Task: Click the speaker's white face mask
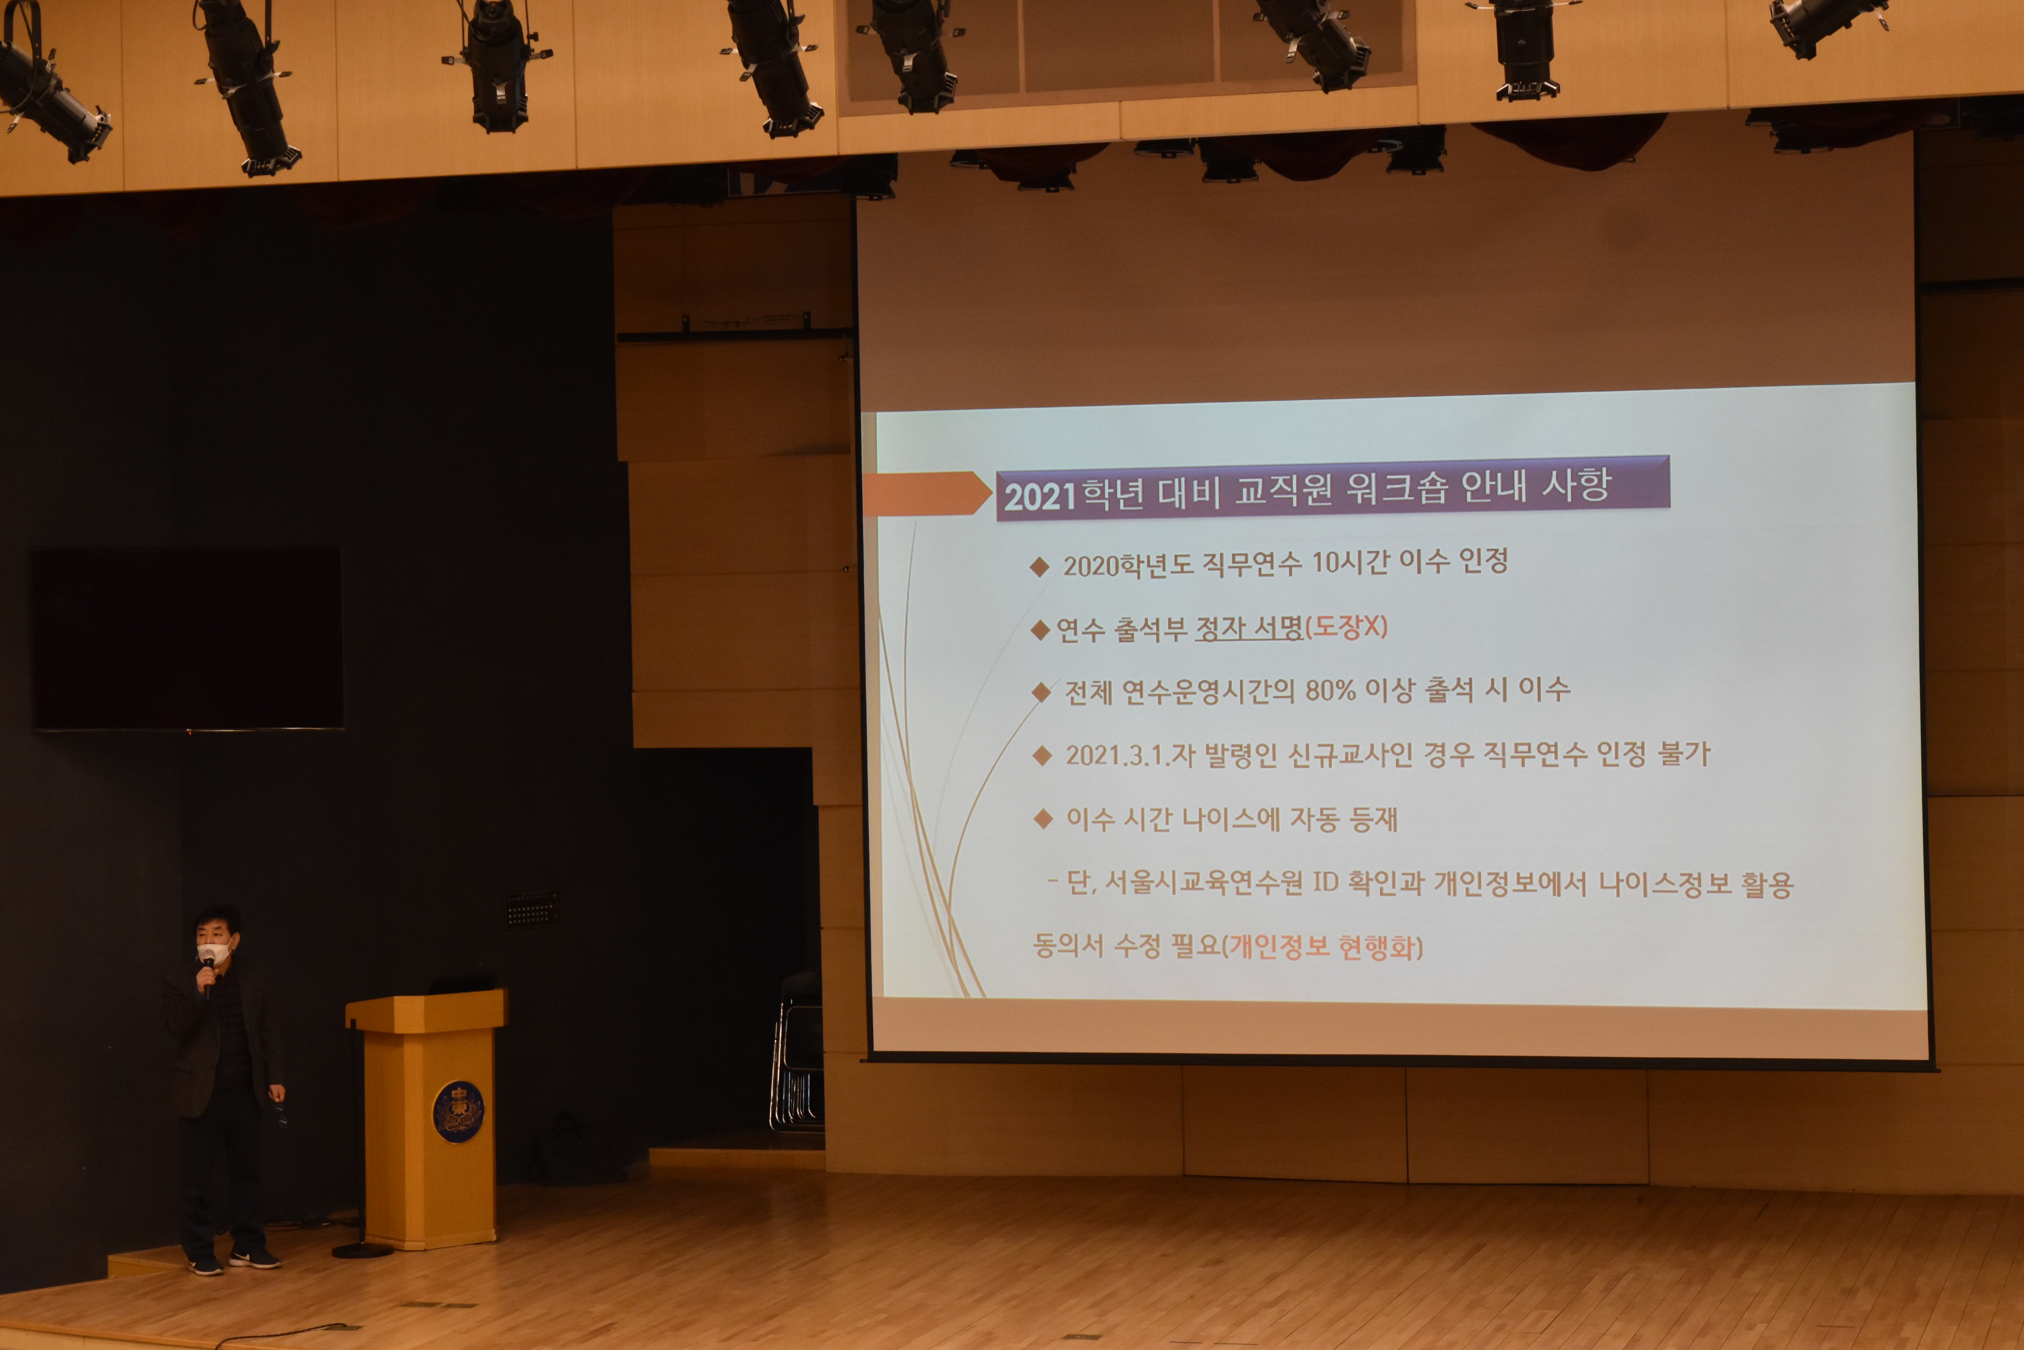coord(215,951)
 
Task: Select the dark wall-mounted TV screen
coord(188,639)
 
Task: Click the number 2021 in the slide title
coord(1040,497)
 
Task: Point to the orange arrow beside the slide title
coord(927,493)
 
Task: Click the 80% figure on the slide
coord(1330,690)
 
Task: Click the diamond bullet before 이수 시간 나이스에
coord(1044,819)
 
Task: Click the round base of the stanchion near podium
coord(362,1250)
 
